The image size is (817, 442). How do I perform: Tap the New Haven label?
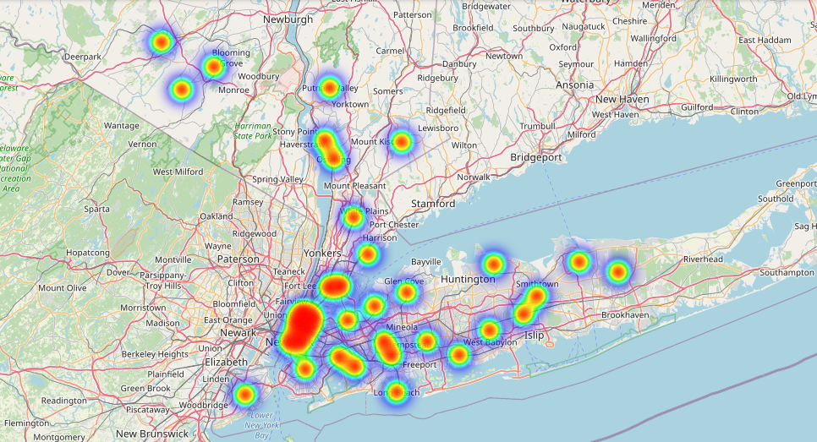tap(622, 99)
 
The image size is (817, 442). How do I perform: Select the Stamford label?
tap(433, 204)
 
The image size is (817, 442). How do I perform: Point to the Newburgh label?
tap(288, 19)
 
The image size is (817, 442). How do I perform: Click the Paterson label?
tap(238, 259)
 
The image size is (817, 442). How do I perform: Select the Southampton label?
tap(786, 273)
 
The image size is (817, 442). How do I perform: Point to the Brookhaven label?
tap(624, 314)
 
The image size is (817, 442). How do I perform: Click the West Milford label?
tap(178, 172)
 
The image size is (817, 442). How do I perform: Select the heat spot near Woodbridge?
tap(244, 394)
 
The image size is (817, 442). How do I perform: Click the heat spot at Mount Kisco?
tap(402, 142)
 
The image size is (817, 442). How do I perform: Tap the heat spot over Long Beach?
tap(395, 391)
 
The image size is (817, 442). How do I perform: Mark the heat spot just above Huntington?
tap(492, 264)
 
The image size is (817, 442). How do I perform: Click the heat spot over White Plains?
tap(354, 217)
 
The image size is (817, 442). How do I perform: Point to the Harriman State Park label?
tap(253, 130)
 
